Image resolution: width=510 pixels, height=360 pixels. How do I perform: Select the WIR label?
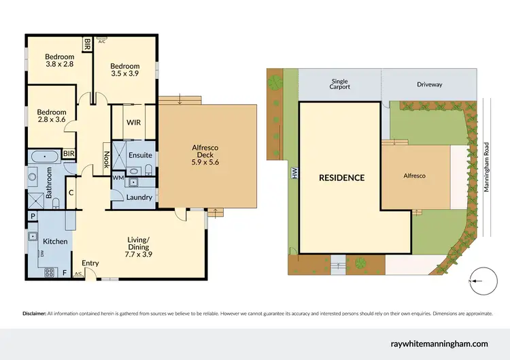click(133, 123)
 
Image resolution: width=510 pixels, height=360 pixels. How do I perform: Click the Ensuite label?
click(140, 155)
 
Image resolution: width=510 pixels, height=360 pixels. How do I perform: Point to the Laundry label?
click(139, 197)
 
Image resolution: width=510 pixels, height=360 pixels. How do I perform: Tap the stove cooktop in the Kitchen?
click(50, 272)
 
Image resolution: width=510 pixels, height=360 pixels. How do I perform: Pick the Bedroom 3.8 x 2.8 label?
click(60, 61)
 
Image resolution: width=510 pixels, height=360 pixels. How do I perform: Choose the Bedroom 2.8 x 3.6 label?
click(51, 116)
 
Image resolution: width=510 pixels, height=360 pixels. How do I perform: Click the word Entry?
click(90, 263)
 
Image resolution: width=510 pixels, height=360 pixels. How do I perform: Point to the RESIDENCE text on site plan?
click(342, 178)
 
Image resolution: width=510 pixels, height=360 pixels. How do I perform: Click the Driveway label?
click(429, 84)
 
